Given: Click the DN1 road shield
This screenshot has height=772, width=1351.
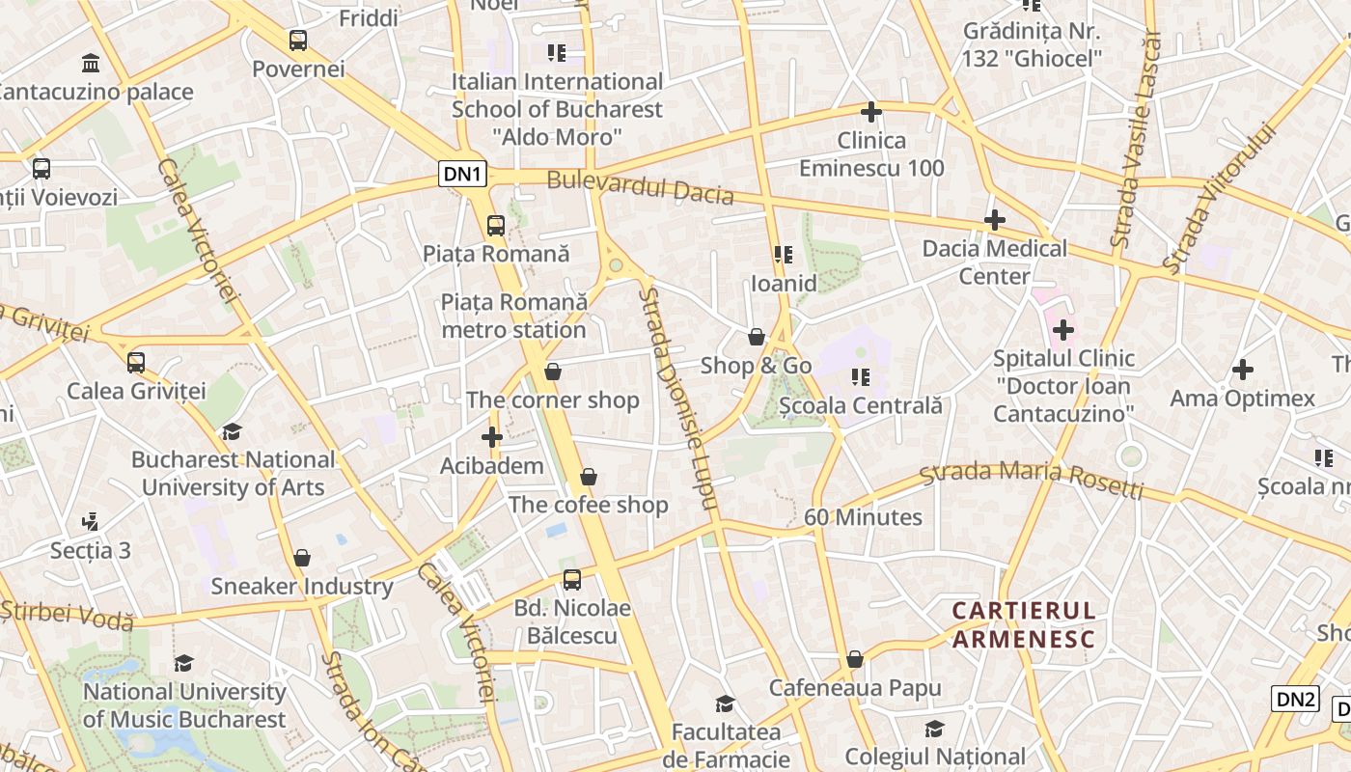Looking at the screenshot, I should (463, 174).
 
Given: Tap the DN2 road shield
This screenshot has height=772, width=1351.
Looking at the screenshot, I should (1295, 700).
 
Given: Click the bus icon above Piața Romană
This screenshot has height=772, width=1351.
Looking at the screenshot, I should (495, 226).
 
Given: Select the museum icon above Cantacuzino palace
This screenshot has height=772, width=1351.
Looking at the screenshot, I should (91, 64).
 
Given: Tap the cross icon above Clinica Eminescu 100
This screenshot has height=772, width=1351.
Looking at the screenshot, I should (871, 112).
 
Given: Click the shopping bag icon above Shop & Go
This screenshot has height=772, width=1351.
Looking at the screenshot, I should (757, 337).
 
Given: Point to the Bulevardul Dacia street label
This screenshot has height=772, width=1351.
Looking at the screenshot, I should (640, 187).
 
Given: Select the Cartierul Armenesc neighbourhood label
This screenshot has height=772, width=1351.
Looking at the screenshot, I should (1024, 624).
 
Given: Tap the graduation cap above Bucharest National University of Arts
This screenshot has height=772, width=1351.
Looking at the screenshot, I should (232, 431).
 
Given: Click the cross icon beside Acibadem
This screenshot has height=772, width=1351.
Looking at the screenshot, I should (492, 437).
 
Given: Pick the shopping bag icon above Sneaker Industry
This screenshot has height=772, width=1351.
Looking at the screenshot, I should (302, 558).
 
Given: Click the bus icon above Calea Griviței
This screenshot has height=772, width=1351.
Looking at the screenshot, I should (136, 363).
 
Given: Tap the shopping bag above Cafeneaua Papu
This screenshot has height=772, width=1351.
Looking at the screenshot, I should (854, 660).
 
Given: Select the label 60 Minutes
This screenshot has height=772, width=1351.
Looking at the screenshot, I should (863, 517).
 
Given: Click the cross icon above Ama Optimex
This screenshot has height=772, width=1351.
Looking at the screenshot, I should (1243, 370).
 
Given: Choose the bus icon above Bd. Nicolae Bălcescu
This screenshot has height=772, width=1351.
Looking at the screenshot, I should (572, 580).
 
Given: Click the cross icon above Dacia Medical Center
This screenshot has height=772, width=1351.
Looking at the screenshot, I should (995, 220).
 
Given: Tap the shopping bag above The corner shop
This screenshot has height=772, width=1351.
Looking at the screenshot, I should (553, 372).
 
